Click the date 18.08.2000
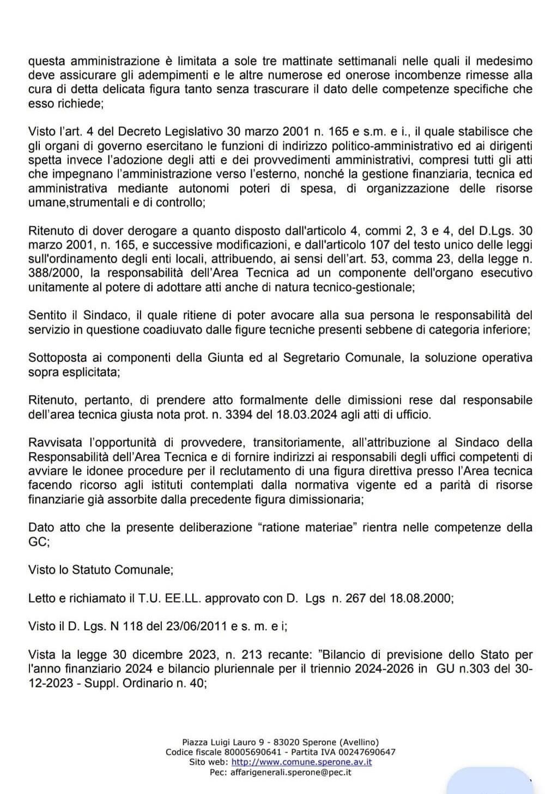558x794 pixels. click(421, 598)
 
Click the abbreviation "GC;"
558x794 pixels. click(39, 542)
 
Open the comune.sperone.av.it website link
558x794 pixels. click(302, 762)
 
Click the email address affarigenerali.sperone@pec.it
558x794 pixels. click(291, 772)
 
